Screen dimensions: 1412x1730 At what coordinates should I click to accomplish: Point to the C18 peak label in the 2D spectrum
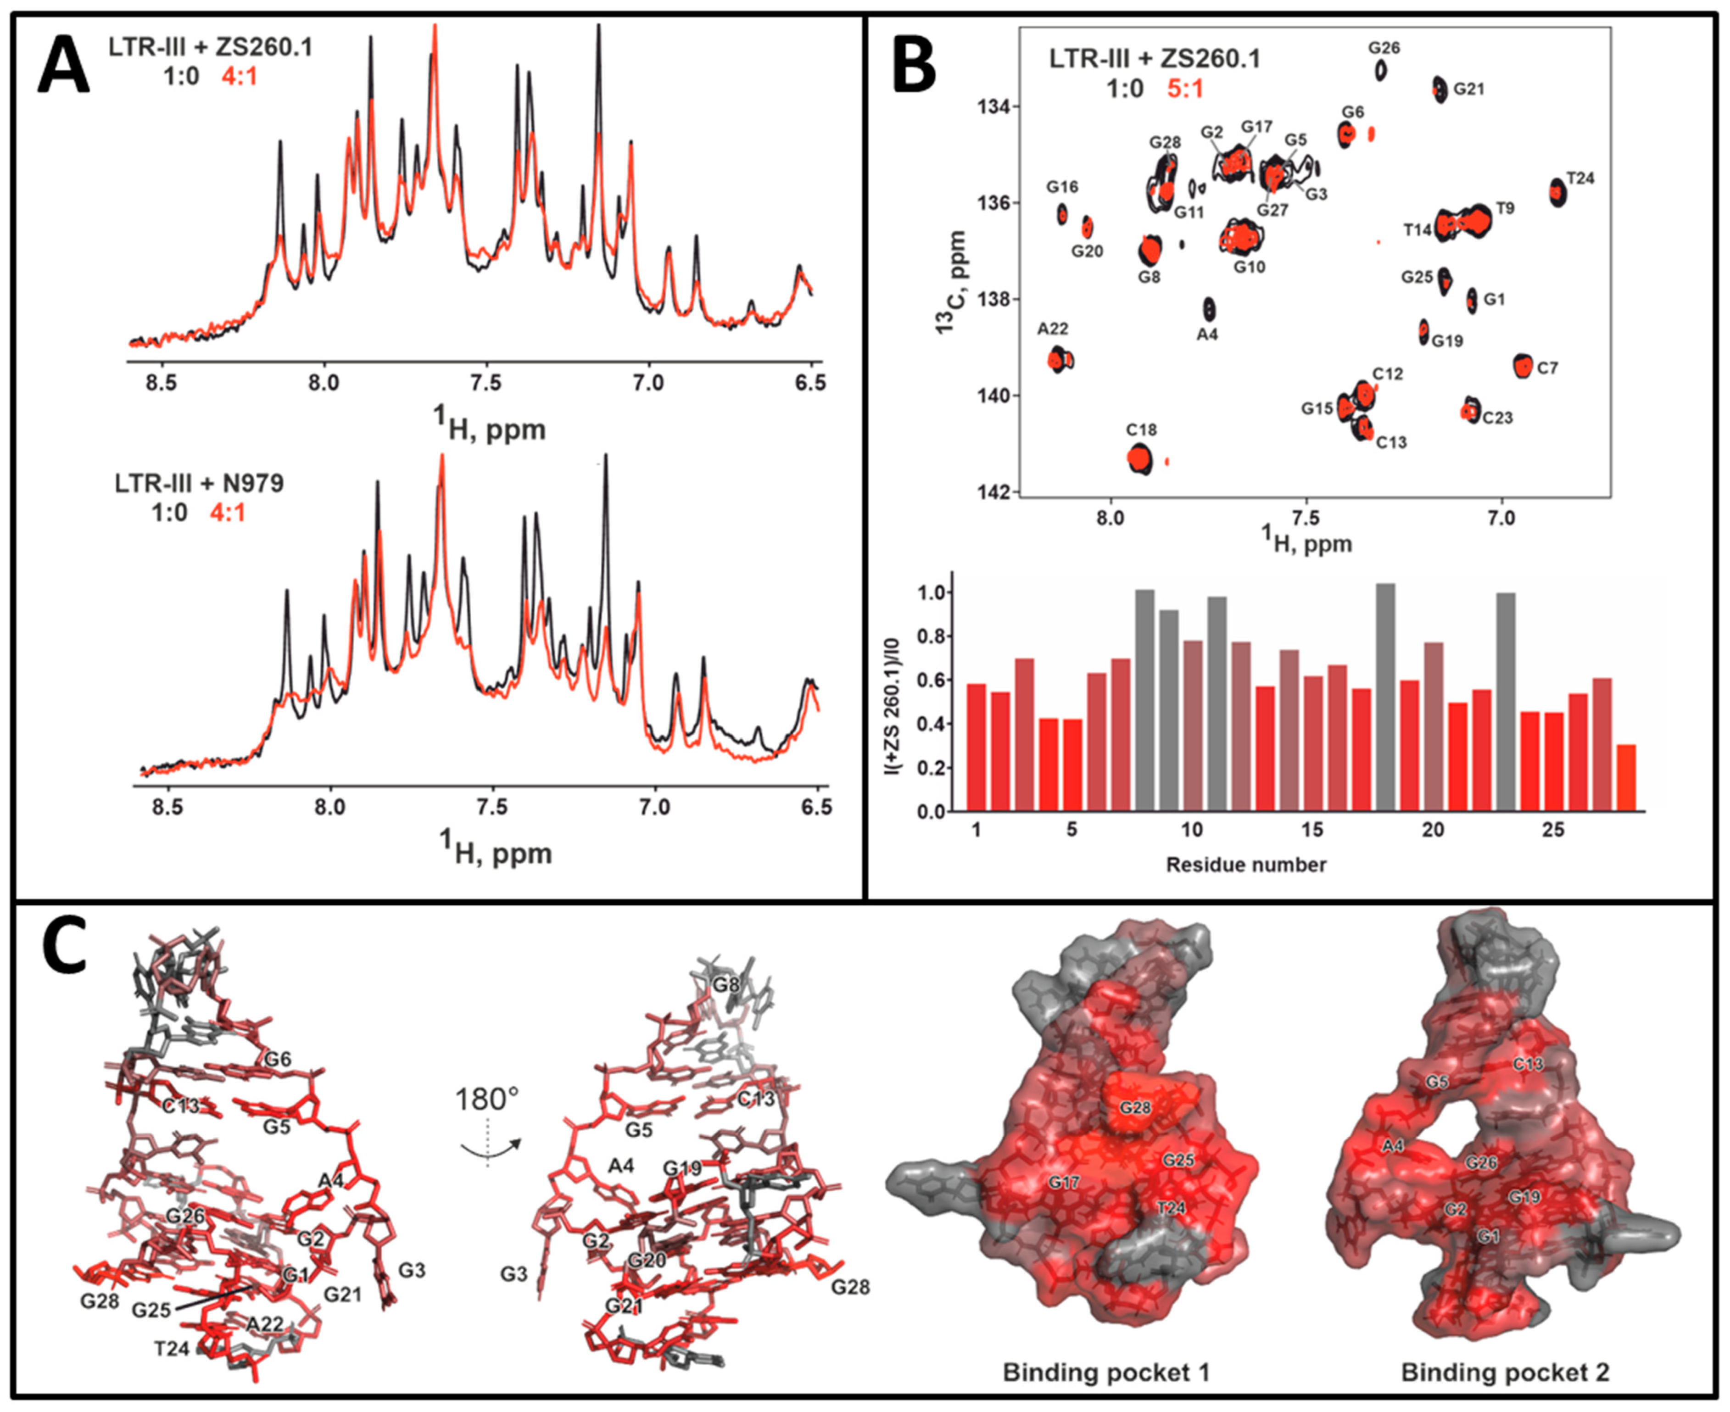[1141, 430]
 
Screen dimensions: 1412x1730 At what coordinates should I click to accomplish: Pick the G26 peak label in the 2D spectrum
[1384, 48]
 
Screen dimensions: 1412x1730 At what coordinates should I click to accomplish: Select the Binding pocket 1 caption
[1106, 1373]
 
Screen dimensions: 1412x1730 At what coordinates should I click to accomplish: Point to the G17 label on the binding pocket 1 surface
[1063, 1182]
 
